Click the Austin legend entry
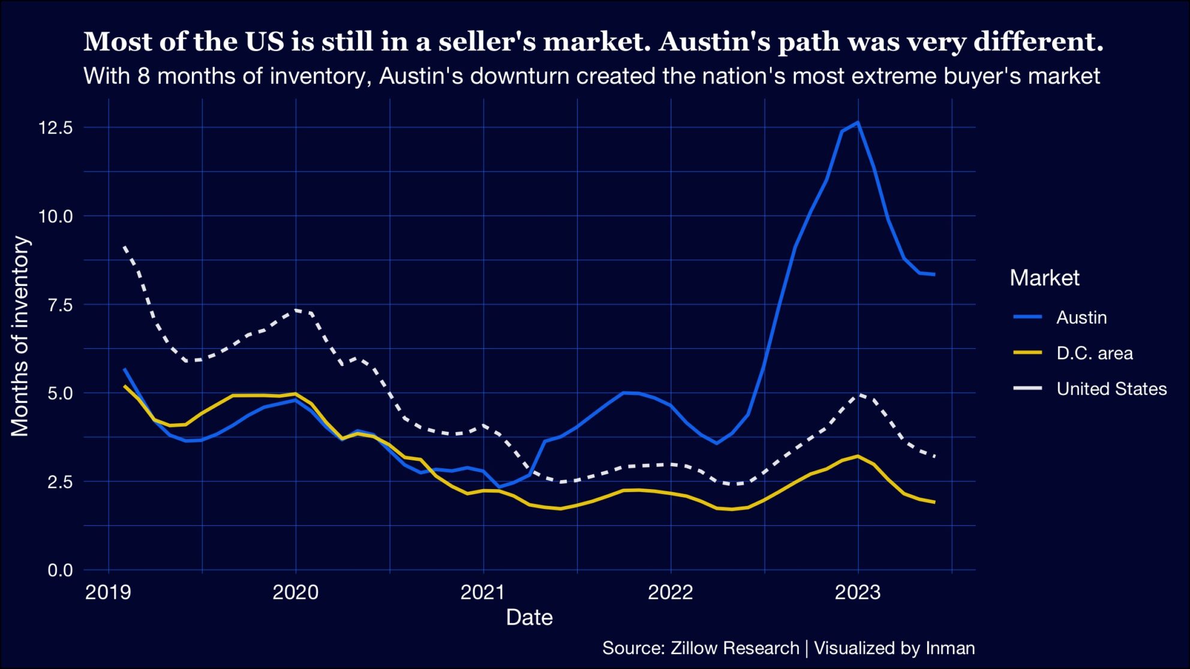[1081, 317]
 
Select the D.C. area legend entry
[1094, 353]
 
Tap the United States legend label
[1111, 389]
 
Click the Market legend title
[1044, 278]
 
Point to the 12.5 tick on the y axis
[55, 128]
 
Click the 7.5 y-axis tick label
[59, 305]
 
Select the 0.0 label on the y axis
[59, 570]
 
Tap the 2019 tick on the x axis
[108, 592]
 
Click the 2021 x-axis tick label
[483, 592]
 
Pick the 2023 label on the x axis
[858, 592]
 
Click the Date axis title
[529, 617]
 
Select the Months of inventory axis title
[20, 336]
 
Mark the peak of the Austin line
[858, 122]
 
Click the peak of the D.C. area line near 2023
[858, 456]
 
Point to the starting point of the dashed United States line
[124, 246]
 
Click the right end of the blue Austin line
[934, 275]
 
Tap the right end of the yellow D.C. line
[934, 502]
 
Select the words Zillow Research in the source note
[734, 648]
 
